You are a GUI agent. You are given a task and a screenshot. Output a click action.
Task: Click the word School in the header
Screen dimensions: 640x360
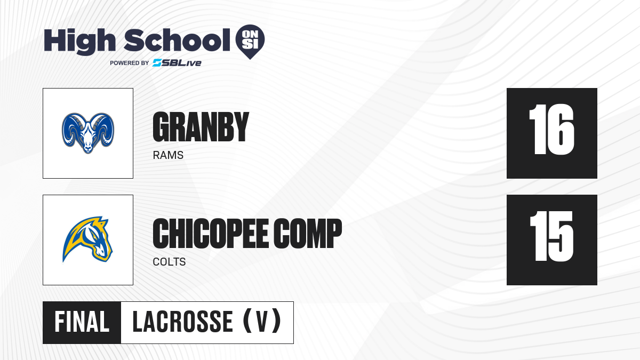click(177, 40)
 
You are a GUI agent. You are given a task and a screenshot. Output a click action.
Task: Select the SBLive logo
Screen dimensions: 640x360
click(177, 63)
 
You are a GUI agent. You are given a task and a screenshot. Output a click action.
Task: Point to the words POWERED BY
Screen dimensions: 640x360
click(130, 63)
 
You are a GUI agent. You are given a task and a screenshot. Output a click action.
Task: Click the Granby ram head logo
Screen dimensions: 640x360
click(88, 133)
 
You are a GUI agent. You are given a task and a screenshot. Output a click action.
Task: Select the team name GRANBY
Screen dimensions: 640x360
click(201, 126)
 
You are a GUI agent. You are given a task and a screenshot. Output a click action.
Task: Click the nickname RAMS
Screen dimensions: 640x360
click(168, 155)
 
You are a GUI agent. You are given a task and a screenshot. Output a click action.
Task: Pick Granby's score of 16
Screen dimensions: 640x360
click(551, 130)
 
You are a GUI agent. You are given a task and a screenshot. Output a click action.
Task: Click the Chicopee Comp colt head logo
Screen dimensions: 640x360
click(87, 239)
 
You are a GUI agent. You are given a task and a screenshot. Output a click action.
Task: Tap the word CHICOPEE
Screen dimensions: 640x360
click(210, 233)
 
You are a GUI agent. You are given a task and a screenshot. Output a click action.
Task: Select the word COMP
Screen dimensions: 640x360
click(308, 233)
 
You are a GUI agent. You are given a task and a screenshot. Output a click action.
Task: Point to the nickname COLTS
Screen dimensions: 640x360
click(169, 262)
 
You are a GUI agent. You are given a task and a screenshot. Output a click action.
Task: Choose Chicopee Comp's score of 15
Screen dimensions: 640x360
click(551, 236)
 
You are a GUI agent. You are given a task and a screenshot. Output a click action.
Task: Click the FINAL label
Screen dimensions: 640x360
click(82, 322)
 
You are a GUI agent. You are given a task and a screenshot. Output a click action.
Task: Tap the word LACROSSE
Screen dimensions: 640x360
click(182, 322)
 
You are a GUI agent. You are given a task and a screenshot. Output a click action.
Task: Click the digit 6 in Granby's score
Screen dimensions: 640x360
click(561, 130)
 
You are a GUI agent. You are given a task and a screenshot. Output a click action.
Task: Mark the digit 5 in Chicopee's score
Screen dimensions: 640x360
click(561, 236)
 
